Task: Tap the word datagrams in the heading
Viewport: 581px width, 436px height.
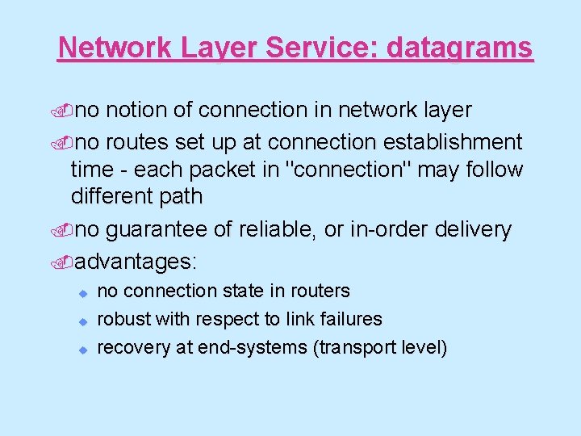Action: (x=460, y=48)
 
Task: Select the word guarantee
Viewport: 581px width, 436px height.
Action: (x=157, y=230)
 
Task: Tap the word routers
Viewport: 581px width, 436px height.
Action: (x=320, y=291)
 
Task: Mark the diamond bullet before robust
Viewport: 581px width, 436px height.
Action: (x=82, y=321)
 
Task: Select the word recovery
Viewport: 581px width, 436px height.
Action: (x=131, y=348)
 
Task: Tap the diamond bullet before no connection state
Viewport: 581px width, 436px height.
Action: (x=82, y=291)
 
